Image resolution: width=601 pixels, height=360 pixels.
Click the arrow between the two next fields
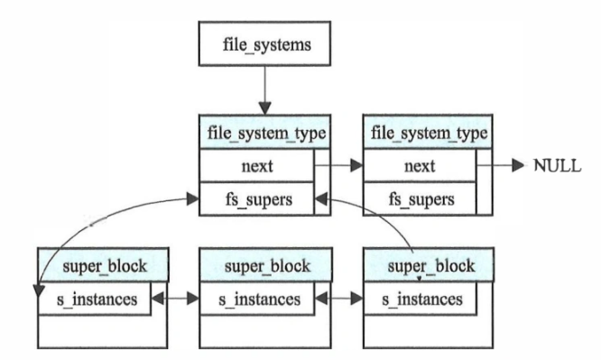(340, 166)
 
